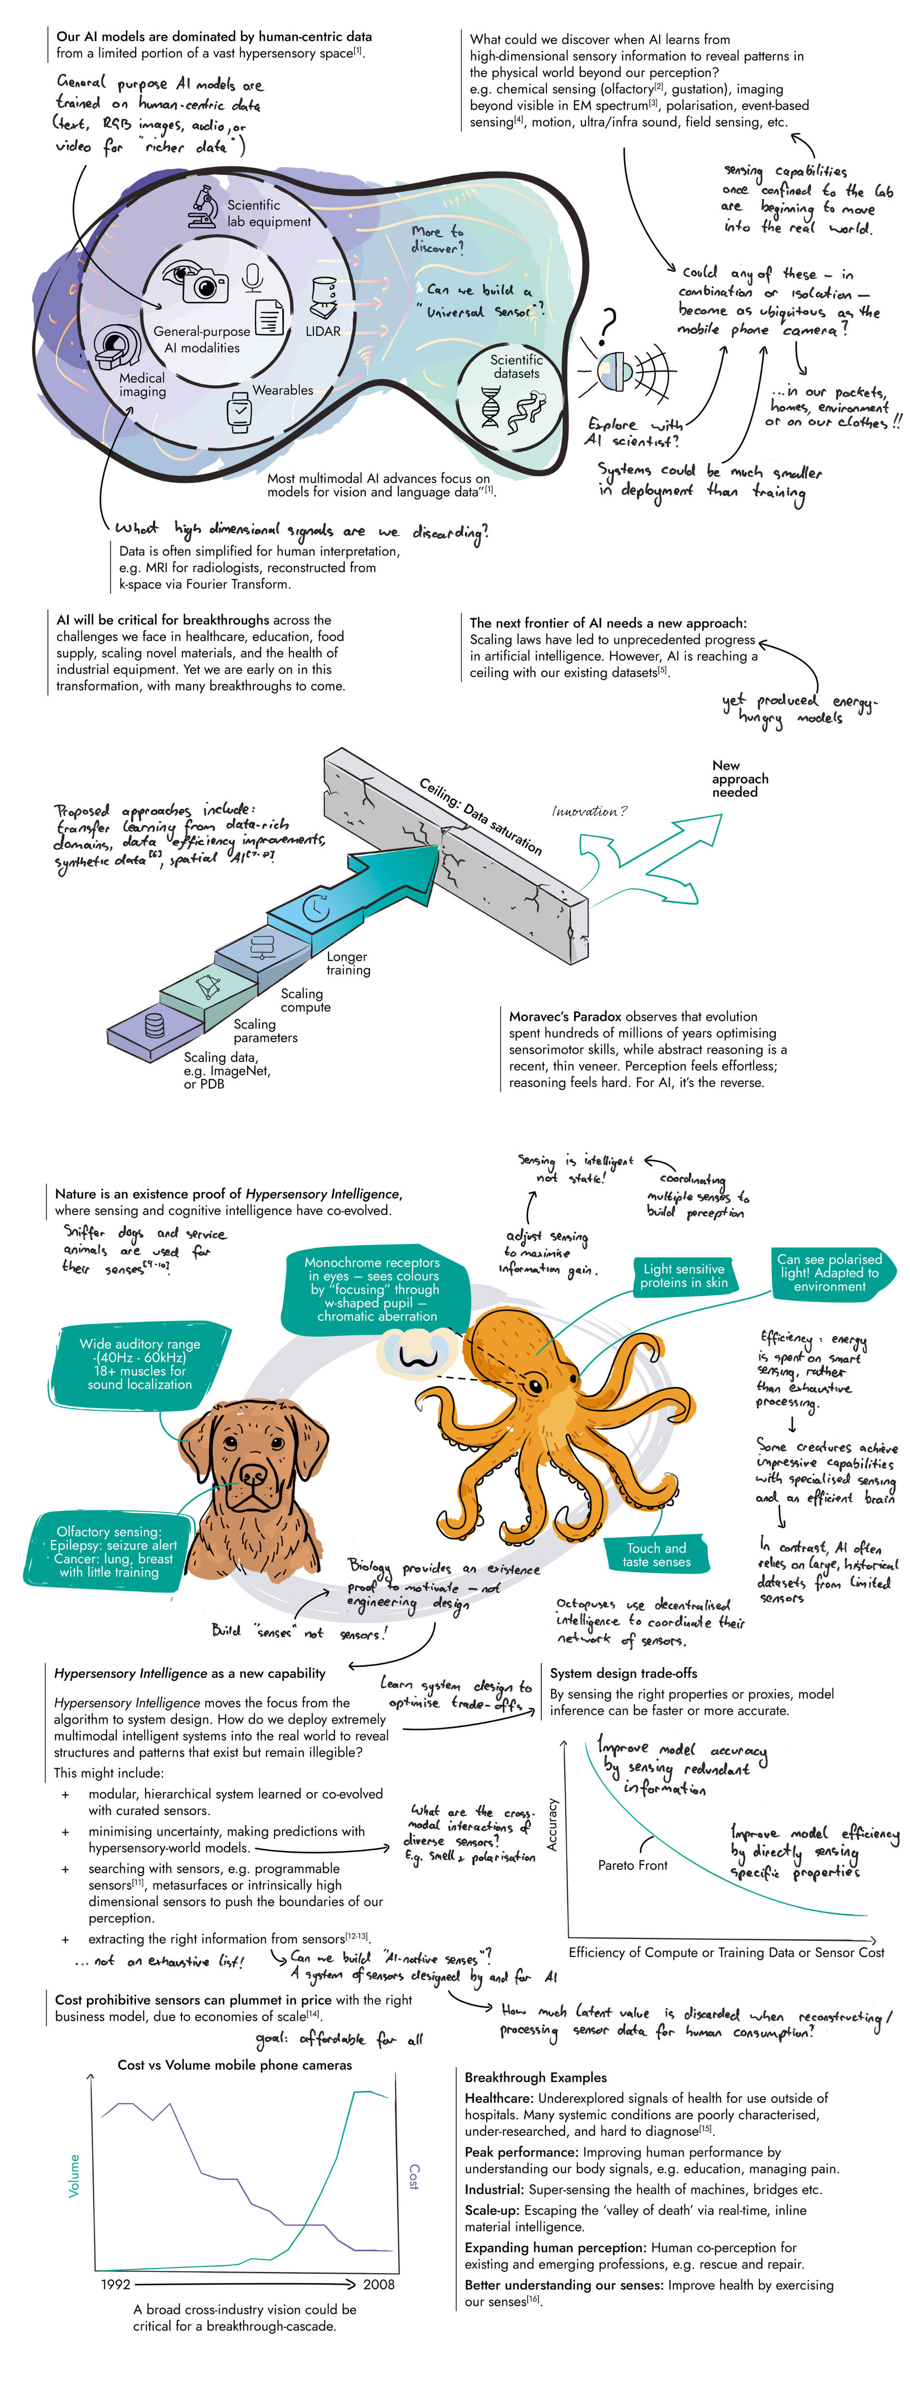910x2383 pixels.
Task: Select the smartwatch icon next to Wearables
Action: (239, 412)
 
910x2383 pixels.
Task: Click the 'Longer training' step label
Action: (348, 963)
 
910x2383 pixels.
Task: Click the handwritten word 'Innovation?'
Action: (589, 811)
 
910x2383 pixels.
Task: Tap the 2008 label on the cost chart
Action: (378, 2284)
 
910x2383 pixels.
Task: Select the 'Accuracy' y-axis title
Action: (552, 1823)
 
